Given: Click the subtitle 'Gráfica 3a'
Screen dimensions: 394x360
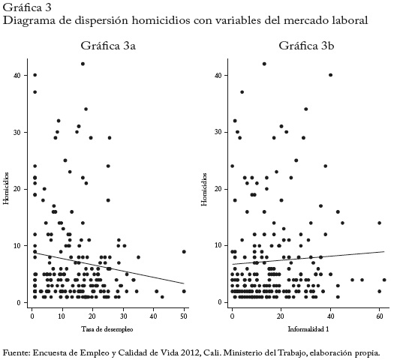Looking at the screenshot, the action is click(108, 46).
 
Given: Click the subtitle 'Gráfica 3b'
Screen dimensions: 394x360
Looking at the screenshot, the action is click(306, 46).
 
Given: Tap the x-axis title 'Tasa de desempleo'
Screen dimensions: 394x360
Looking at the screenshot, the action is click(107, 328).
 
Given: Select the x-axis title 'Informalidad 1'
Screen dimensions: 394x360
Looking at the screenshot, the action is click(308, 328).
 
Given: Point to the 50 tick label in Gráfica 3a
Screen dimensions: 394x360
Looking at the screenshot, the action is click(184, 316).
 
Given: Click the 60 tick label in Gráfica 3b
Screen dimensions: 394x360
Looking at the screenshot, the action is click(380, 316).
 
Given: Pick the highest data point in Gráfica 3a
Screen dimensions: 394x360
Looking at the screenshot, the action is click(83, 64).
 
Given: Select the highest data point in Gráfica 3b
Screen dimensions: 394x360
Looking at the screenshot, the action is click(264, 64).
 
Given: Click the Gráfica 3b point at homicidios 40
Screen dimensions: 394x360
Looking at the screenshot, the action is click(330, 75).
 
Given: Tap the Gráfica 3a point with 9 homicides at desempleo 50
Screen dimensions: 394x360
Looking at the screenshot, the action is click(184, 251).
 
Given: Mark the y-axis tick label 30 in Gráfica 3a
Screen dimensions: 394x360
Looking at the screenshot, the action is click(17, 132).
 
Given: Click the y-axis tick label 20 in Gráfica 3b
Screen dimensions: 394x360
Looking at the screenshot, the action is click(217, 189).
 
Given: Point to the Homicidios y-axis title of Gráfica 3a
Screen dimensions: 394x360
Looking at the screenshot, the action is click(6, 188).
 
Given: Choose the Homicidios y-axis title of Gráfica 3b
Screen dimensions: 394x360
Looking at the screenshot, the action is click(204, 189).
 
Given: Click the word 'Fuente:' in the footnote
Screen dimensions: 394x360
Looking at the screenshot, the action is click(17, 352).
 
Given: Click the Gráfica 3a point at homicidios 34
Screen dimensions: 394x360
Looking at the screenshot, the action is click(86, 109).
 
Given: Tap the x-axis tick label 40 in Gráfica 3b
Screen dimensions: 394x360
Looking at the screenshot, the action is click(330, 316).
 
